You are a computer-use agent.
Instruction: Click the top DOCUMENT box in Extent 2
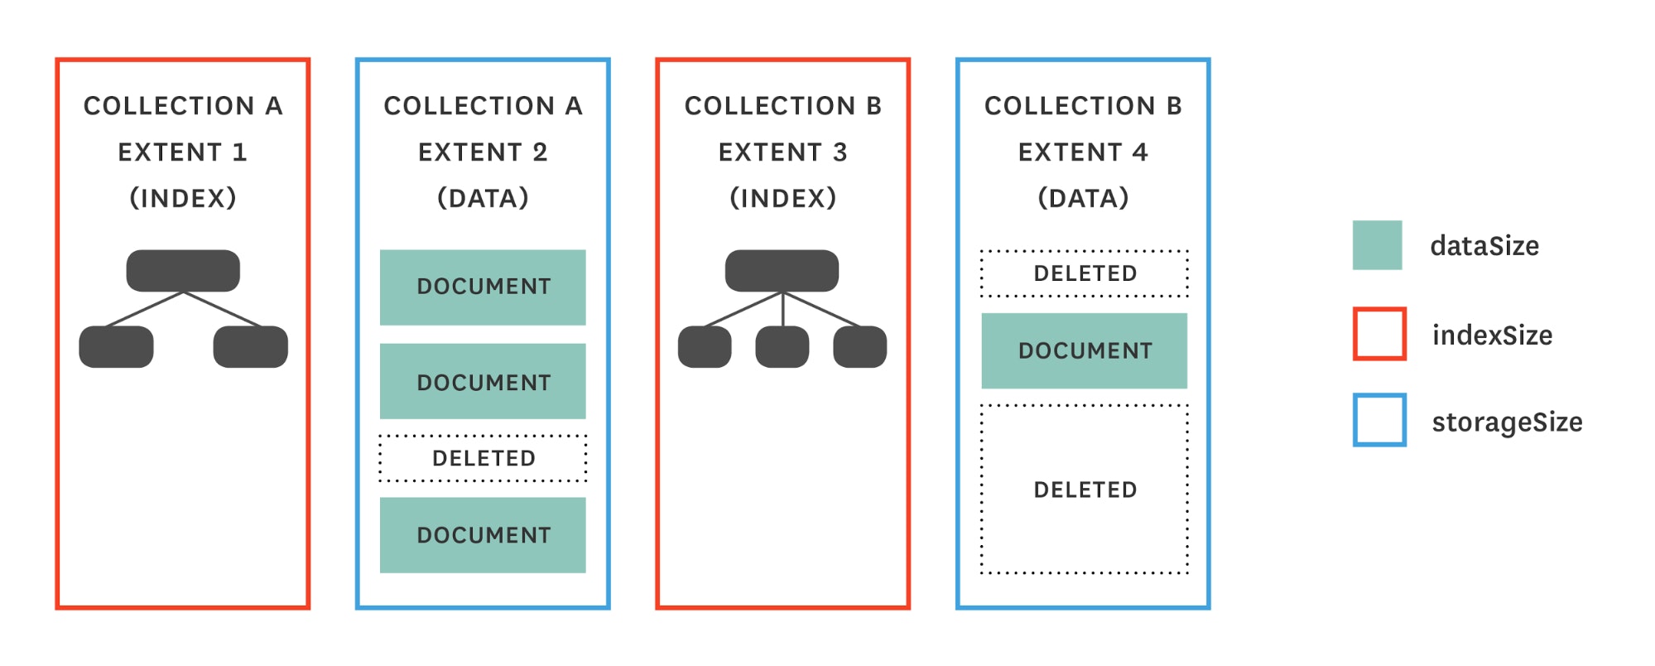coord(483,287)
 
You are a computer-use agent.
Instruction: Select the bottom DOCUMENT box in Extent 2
coord(483,535)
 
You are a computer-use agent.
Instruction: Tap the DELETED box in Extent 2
coord(483,458)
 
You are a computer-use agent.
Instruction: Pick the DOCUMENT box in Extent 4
coord(1084,350)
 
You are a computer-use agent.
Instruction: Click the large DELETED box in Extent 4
coord(1084,489)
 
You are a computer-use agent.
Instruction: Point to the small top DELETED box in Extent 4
coord(1084,273)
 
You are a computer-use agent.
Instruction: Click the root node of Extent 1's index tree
coord(183,271)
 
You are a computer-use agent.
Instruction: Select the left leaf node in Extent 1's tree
coord(116,347)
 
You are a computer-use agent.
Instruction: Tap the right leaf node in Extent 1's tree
coord(250,347)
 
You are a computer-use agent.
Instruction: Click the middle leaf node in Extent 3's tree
coord(782,347)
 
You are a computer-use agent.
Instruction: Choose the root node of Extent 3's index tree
coord(782,271)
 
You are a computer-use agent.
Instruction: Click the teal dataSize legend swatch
coord(1377,245)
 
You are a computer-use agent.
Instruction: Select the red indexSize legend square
coord(1379,334)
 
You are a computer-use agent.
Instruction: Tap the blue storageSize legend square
coord(1379,420)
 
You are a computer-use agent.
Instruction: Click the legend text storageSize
coord(1507,422)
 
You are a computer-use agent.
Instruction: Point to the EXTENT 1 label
coord(182,152)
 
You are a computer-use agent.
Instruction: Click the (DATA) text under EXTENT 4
coord(1083,198)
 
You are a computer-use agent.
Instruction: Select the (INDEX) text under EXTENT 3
coord(782,198)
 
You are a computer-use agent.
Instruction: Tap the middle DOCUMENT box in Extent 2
coord(483,382)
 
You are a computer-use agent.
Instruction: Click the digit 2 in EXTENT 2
coord(540,152)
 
